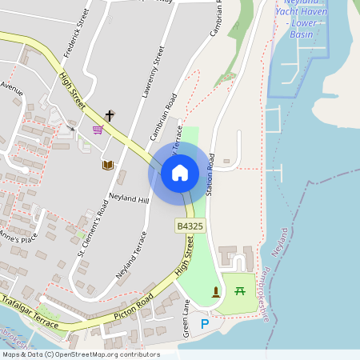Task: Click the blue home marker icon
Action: pos(179,172)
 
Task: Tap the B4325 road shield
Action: pos(190,227)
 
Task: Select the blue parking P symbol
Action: pos(205,323)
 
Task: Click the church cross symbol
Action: pos(110,116)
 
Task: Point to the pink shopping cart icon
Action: pos(98,130)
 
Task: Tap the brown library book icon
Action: pos(106,165)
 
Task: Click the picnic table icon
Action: pos(240,290)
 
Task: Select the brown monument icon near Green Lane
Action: pos(215,291)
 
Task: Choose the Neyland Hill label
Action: pos(129,197)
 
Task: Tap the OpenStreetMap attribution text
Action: pos(81,354)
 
